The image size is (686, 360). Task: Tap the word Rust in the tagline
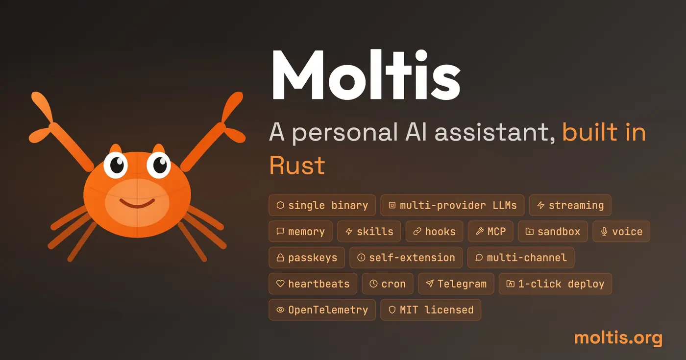[297, 165]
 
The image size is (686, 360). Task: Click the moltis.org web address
[618, 337]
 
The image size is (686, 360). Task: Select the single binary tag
[322, 205]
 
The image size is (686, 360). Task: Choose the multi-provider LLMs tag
[452, 205]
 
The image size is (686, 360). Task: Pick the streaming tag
[570, 205]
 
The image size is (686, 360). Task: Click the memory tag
[300, 232]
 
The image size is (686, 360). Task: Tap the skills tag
[369, 232]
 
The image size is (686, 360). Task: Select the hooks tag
[434, 232]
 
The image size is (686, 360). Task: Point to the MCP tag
[490, 232]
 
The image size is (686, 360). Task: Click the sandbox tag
[553, 232]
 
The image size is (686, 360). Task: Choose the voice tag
[621, 232]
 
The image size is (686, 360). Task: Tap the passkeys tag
[307, 258]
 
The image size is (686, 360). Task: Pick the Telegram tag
[456, 284]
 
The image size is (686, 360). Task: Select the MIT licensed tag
[431, 310]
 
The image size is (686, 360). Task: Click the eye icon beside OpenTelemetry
[280, 310]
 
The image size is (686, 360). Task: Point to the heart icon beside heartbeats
[280, 284]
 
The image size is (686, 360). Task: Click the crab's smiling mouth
[137, 203]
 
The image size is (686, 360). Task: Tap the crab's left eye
[117, 165]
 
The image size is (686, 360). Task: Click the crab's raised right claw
[223, 125]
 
